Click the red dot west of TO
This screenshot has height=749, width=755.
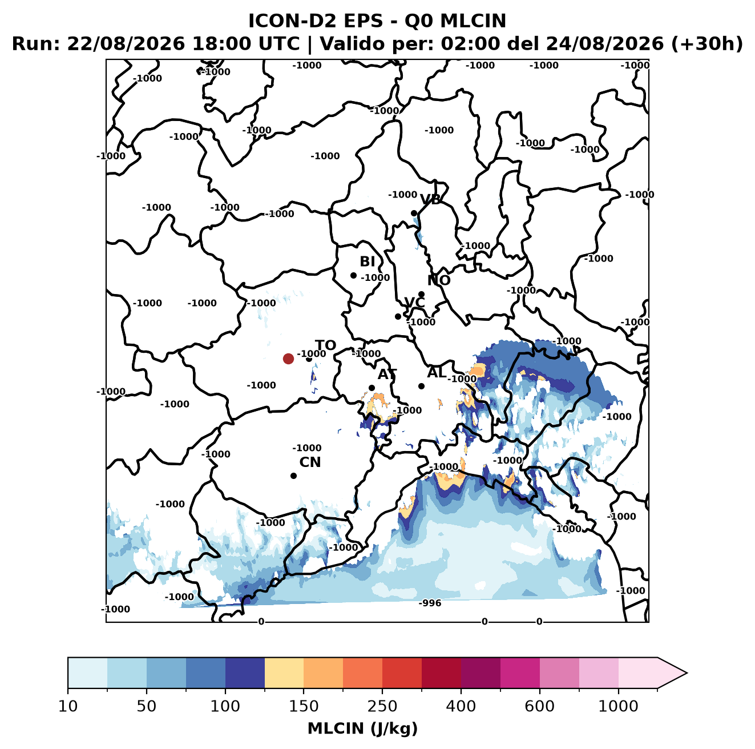(x=288, y=359)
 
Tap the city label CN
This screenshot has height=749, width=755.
(x=310, y=462)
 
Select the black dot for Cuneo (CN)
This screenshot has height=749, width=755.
(x=293, y=476)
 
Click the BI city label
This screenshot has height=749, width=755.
(x=367, y=261)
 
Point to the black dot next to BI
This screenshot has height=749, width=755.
(x=353, y=276)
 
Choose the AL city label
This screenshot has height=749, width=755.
(x=437, y=372)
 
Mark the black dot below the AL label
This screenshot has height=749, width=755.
(x=421, y=386)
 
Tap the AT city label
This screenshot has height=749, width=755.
(x=387, y=374)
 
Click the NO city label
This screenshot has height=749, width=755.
(x=438, y=280)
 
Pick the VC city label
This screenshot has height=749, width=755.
(x=414, y=303)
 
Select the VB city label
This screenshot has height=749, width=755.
(x=430, y=199)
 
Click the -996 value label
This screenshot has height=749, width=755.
(x=430, y=603)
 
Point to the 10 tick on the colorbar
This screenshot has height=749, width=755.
(x=68, y=706)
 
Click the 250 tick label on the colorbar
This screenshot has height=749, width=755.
(x=382, y=706)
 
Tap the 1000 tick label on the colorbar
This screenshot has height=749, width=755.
(x=618, y=706)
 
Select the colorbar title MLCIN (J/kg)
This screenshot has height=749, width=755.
(x=362, y=728)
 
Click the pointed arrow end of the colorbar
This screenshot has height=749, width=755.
(x=687, y=673)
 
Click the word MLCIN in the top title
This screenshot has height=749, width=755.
(x=473, y=21)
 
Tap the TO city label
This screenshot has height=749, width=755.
(x=326, y=345)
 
